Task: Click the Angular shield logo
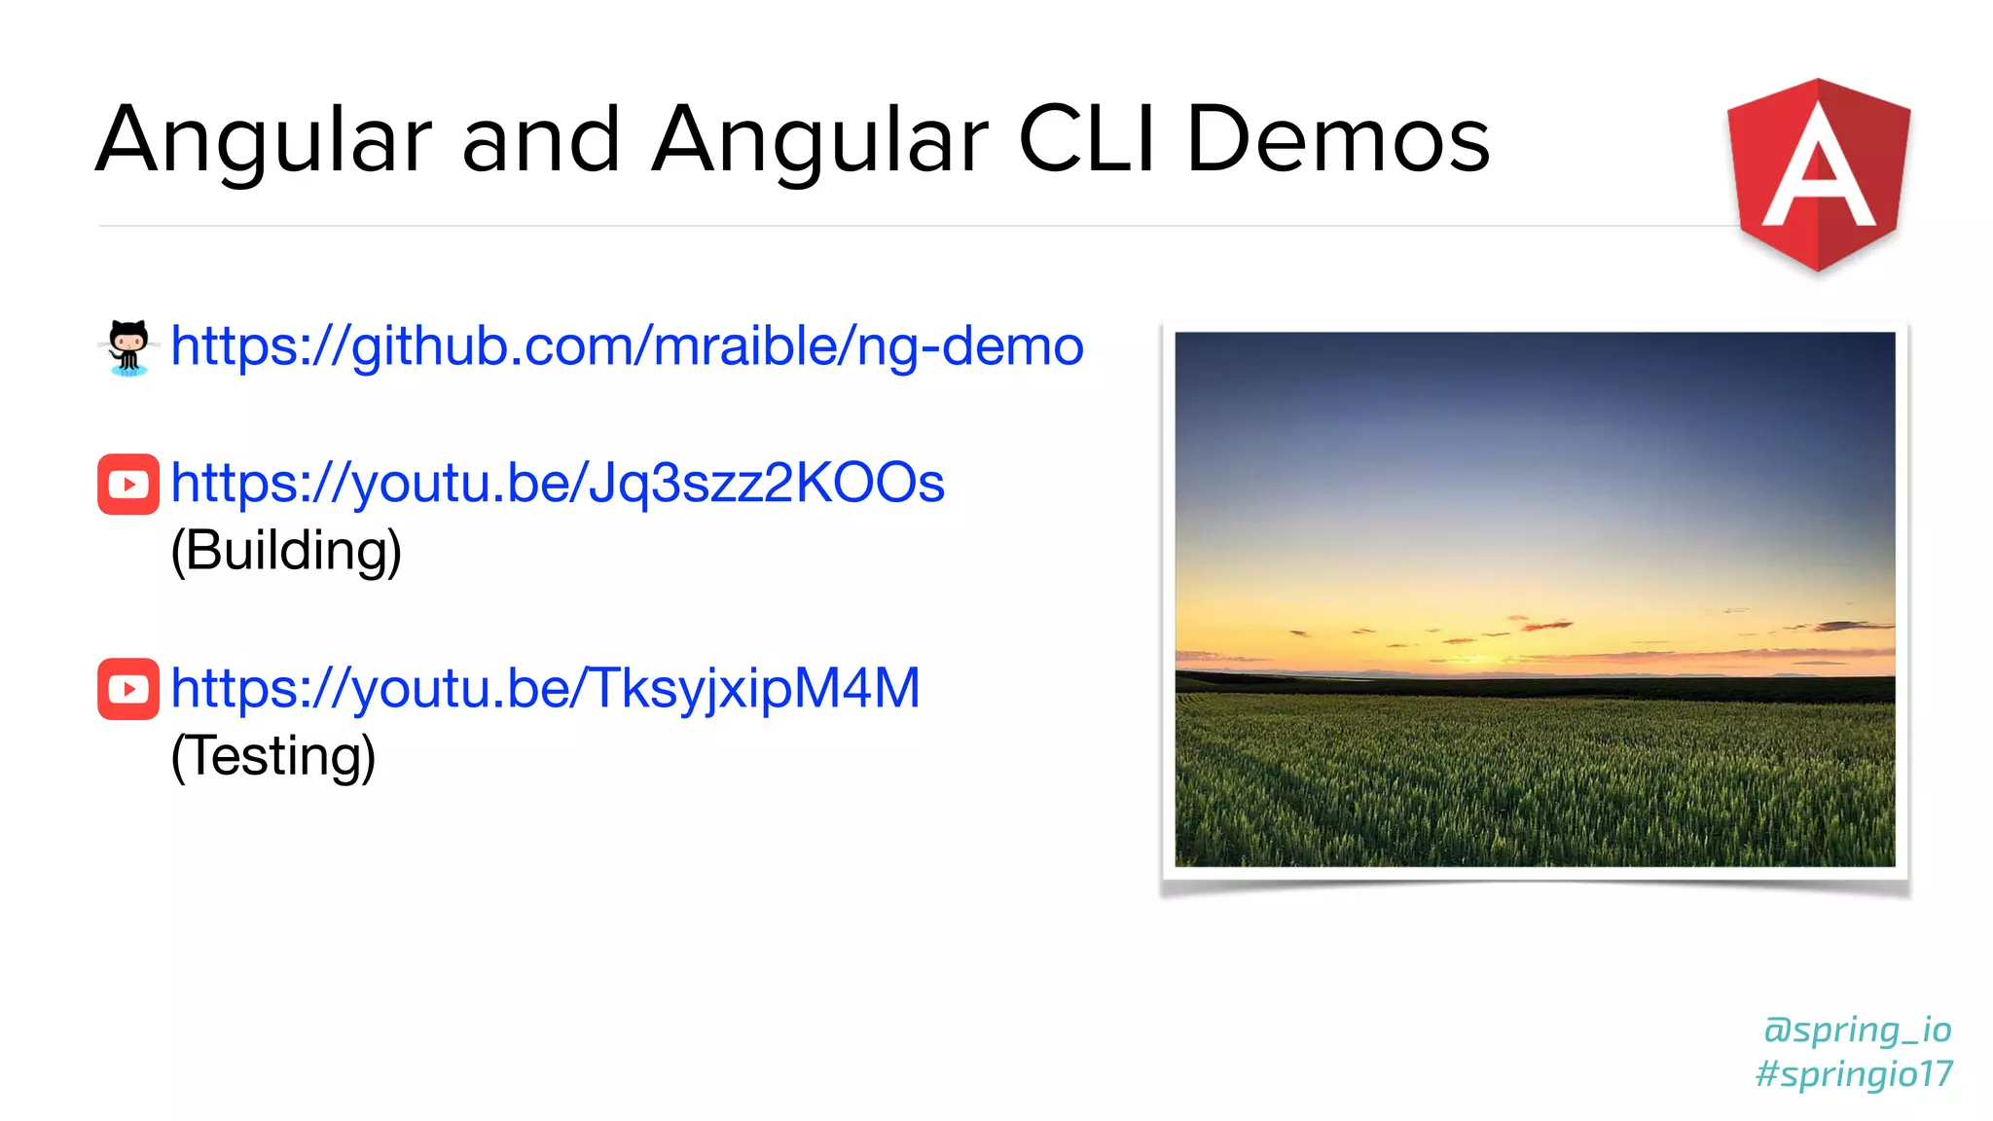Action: click(1818, 175)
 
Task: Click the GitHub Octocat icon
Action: click(128, 347)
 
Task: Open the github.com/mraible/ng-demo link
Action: click(627, 346)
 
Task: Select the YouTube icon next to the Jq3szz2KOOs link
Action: click(128, 484)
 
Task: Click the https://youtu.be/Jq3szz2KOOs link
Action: click(557, 484)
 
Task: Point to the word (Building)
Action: click(285, 551)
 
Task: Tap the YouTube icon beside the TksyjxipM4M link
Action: click(128, 689)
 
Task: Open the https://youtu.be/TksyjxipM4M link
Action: click(545, 689)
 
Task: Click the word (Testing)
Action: click(272, 756)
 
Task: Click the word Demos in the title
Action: click(1337, 140)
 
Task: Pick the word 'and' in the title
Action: click(541, 140)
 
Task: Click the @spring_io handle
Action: click(1857, 1030)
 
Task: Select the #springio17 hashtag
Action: click(1854, 1074)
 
